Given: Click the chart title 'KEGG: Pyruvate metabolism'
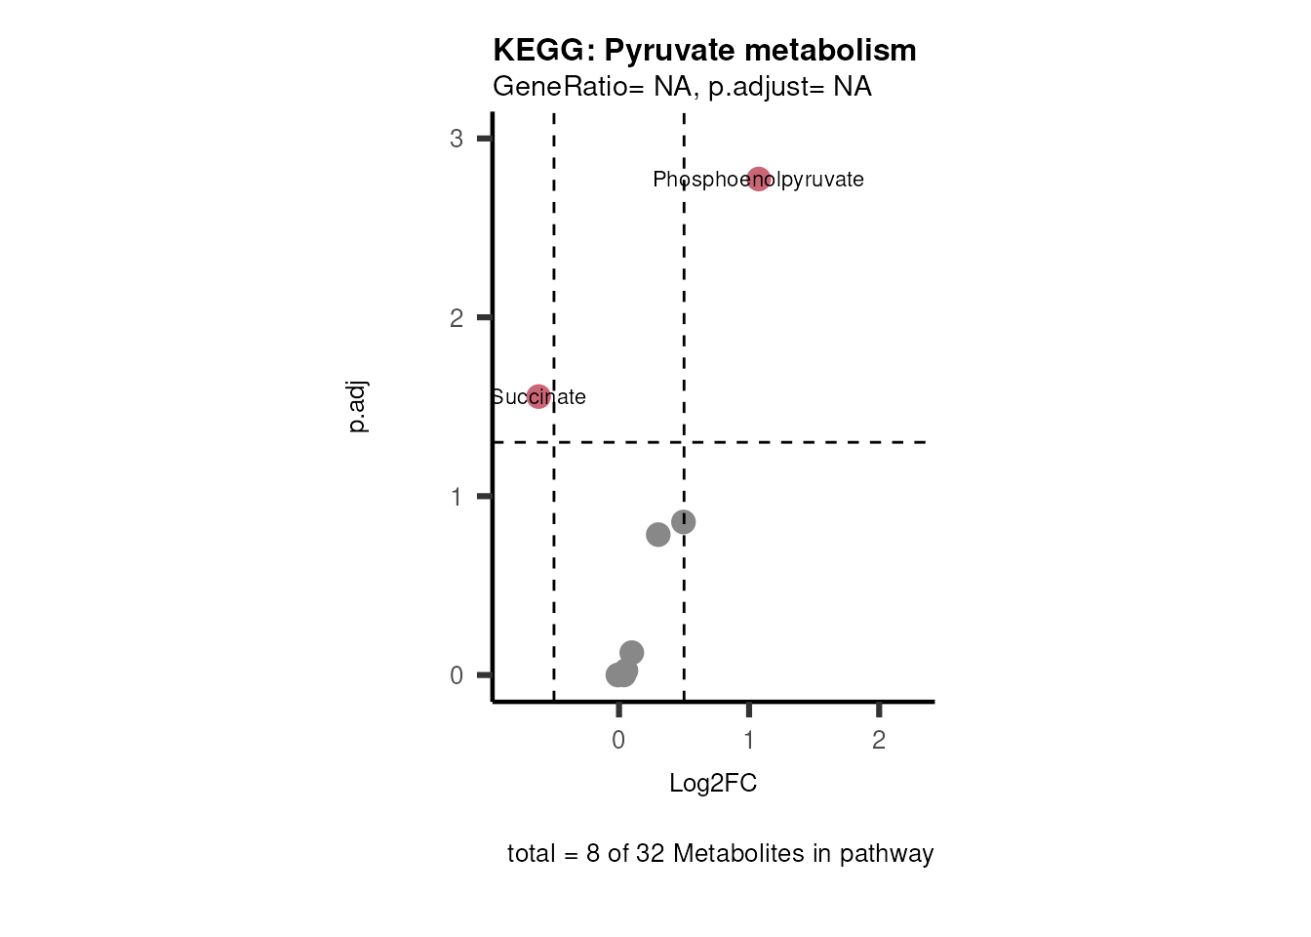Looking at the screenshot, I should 704,50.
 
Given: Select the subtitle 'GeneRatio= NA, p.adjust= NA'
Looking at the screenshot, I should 682,87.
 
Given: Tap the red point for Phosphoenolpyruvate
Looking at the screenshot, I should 759,180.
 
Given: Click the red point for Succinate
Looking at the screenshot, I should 538,396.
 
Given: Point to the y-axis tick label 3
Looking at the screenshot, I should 457,139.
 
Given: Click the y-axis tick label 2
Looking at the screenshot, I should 457,318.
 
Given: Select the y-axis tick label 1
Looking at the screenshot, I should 457,497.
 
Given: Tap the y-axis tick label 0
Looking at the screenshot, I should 457,675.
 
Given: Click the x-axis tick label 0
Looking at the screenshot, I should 618,741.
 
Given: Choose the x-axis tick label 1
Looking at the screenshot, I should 749,741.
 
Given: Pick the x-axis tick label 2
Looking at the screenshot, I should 879,741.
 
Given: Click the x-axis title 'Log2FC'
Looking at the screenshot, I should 713,784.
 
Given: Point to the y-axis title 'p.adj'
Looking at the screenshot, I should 358,407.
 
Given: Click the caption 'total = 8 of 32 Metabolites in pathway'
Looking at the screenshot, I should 720,854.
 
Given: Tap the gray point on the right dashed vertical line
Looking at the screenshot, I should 683,522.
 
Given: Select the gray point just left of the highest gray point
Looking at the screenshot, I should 657,534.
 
